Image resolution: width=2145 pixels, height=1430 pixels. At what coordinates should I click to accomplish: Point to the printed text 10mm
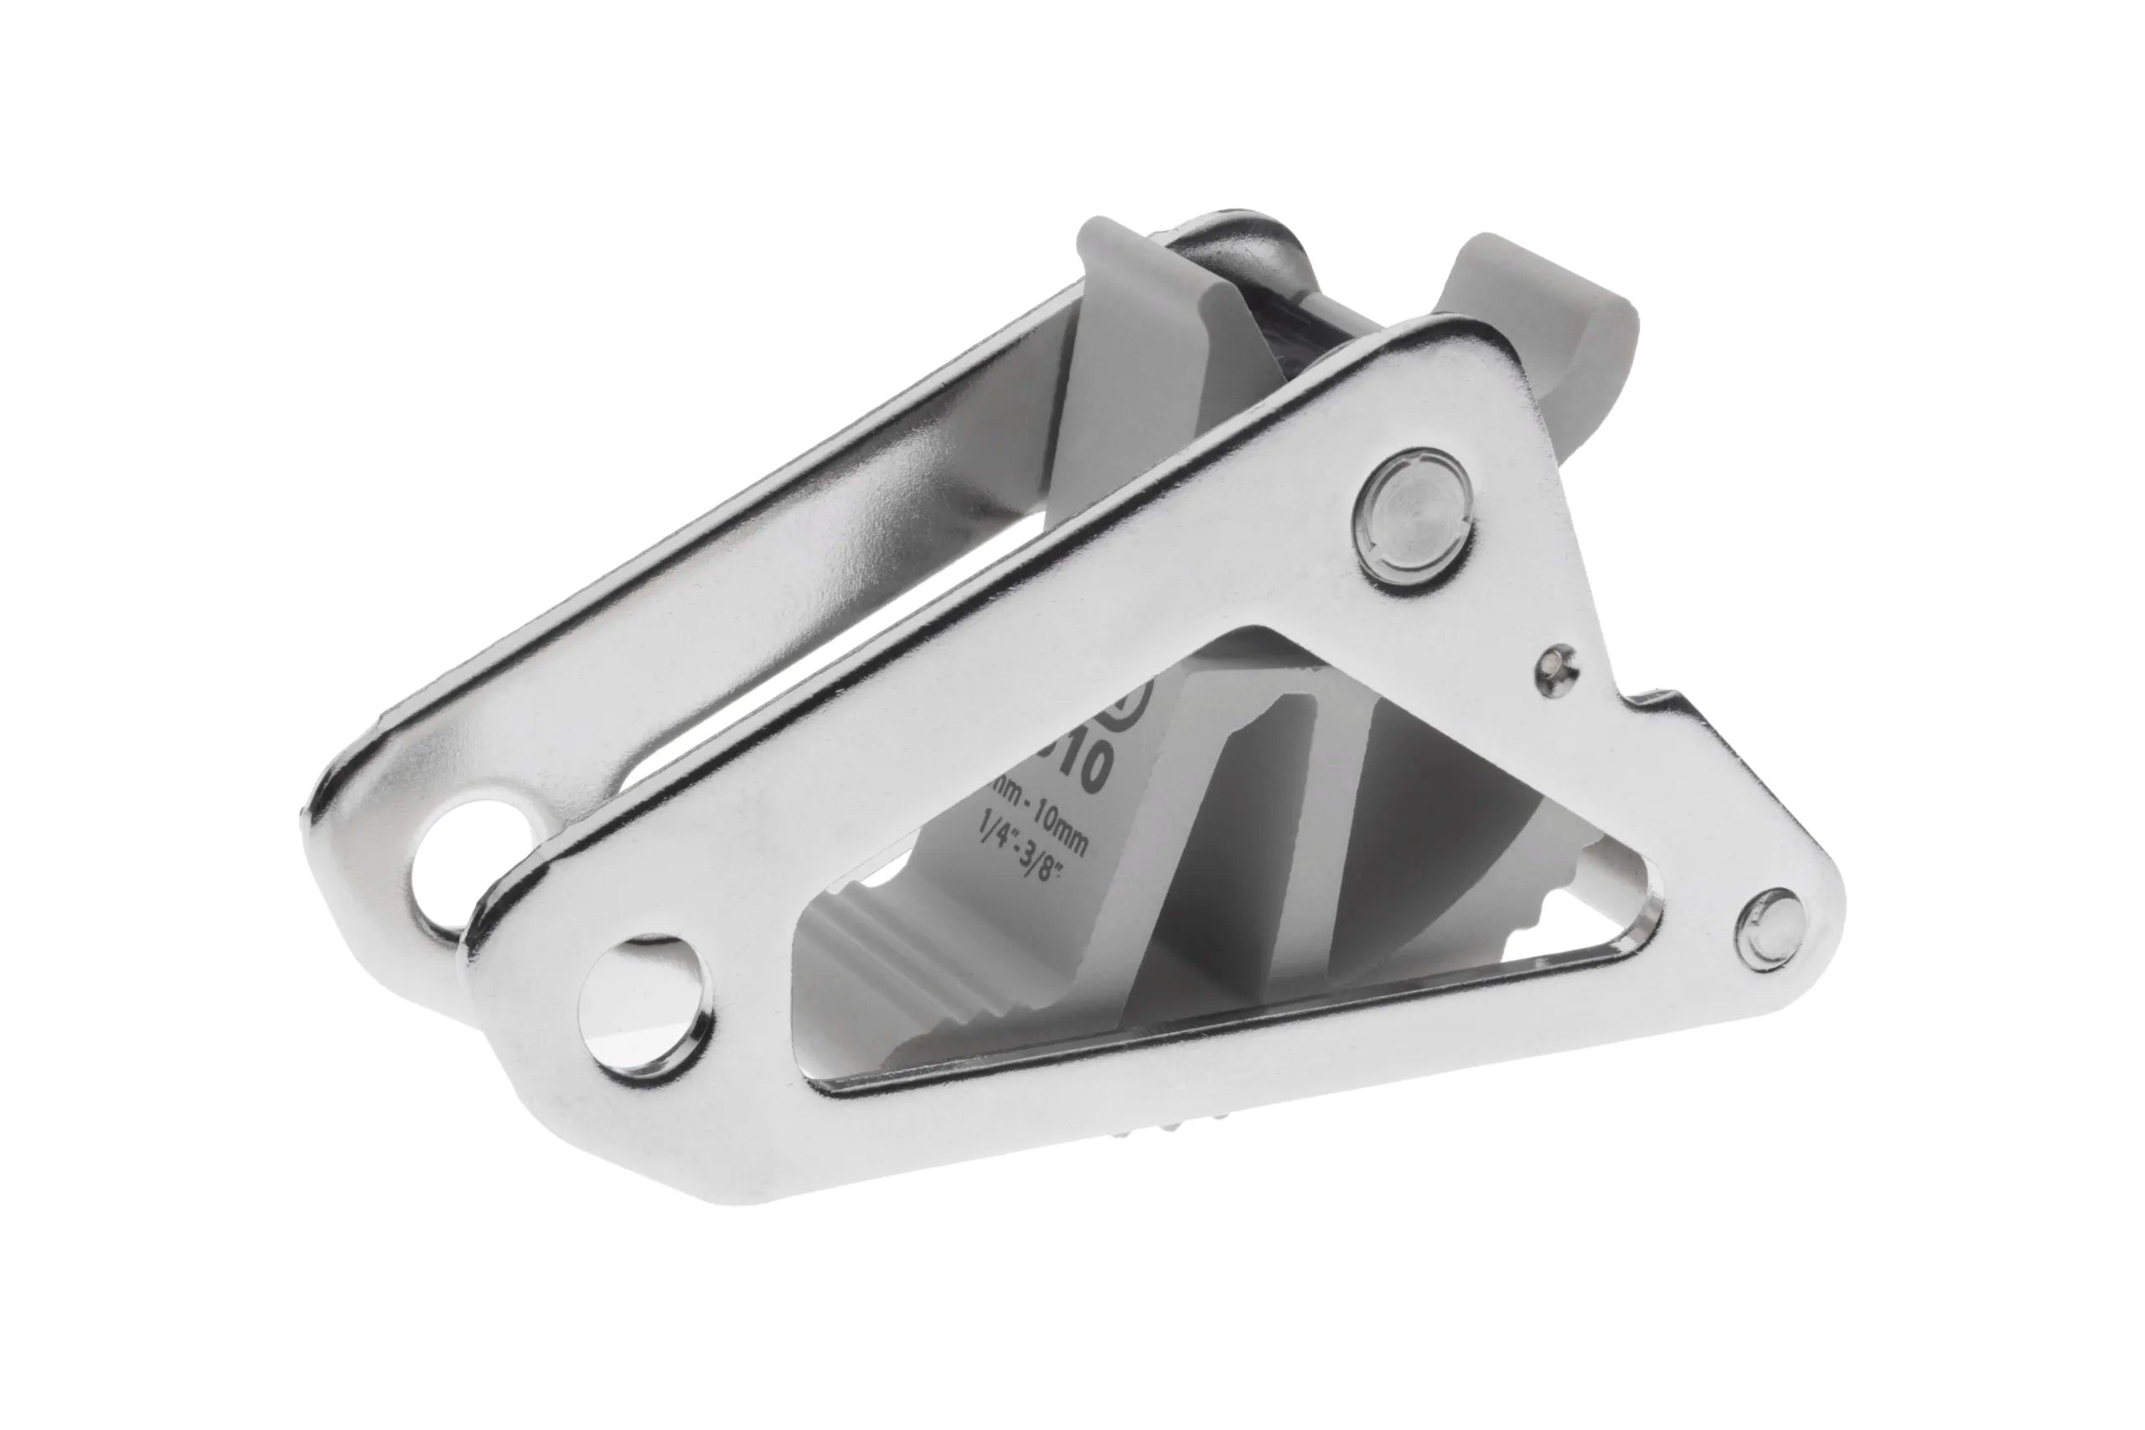1049,828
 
